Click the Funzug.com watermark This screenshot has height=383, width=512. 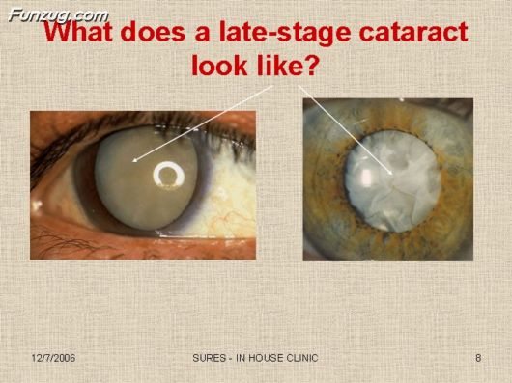click(x=57, y=15)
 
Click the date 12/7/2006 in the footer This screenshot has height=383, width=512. click(x=52, y=359)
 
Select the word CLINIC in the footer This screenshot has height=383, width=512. click(x=299, y=359)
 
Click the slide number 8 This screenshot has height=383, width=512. click(x=478, y=359)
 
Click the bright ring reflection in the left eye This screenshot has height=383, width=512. click(x=171, y=175)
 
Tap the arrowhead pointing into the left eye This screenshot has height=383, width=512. click(x=135, y=160)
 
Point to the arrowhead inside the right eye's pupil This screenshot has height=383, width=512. click(x=390, y=173)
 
